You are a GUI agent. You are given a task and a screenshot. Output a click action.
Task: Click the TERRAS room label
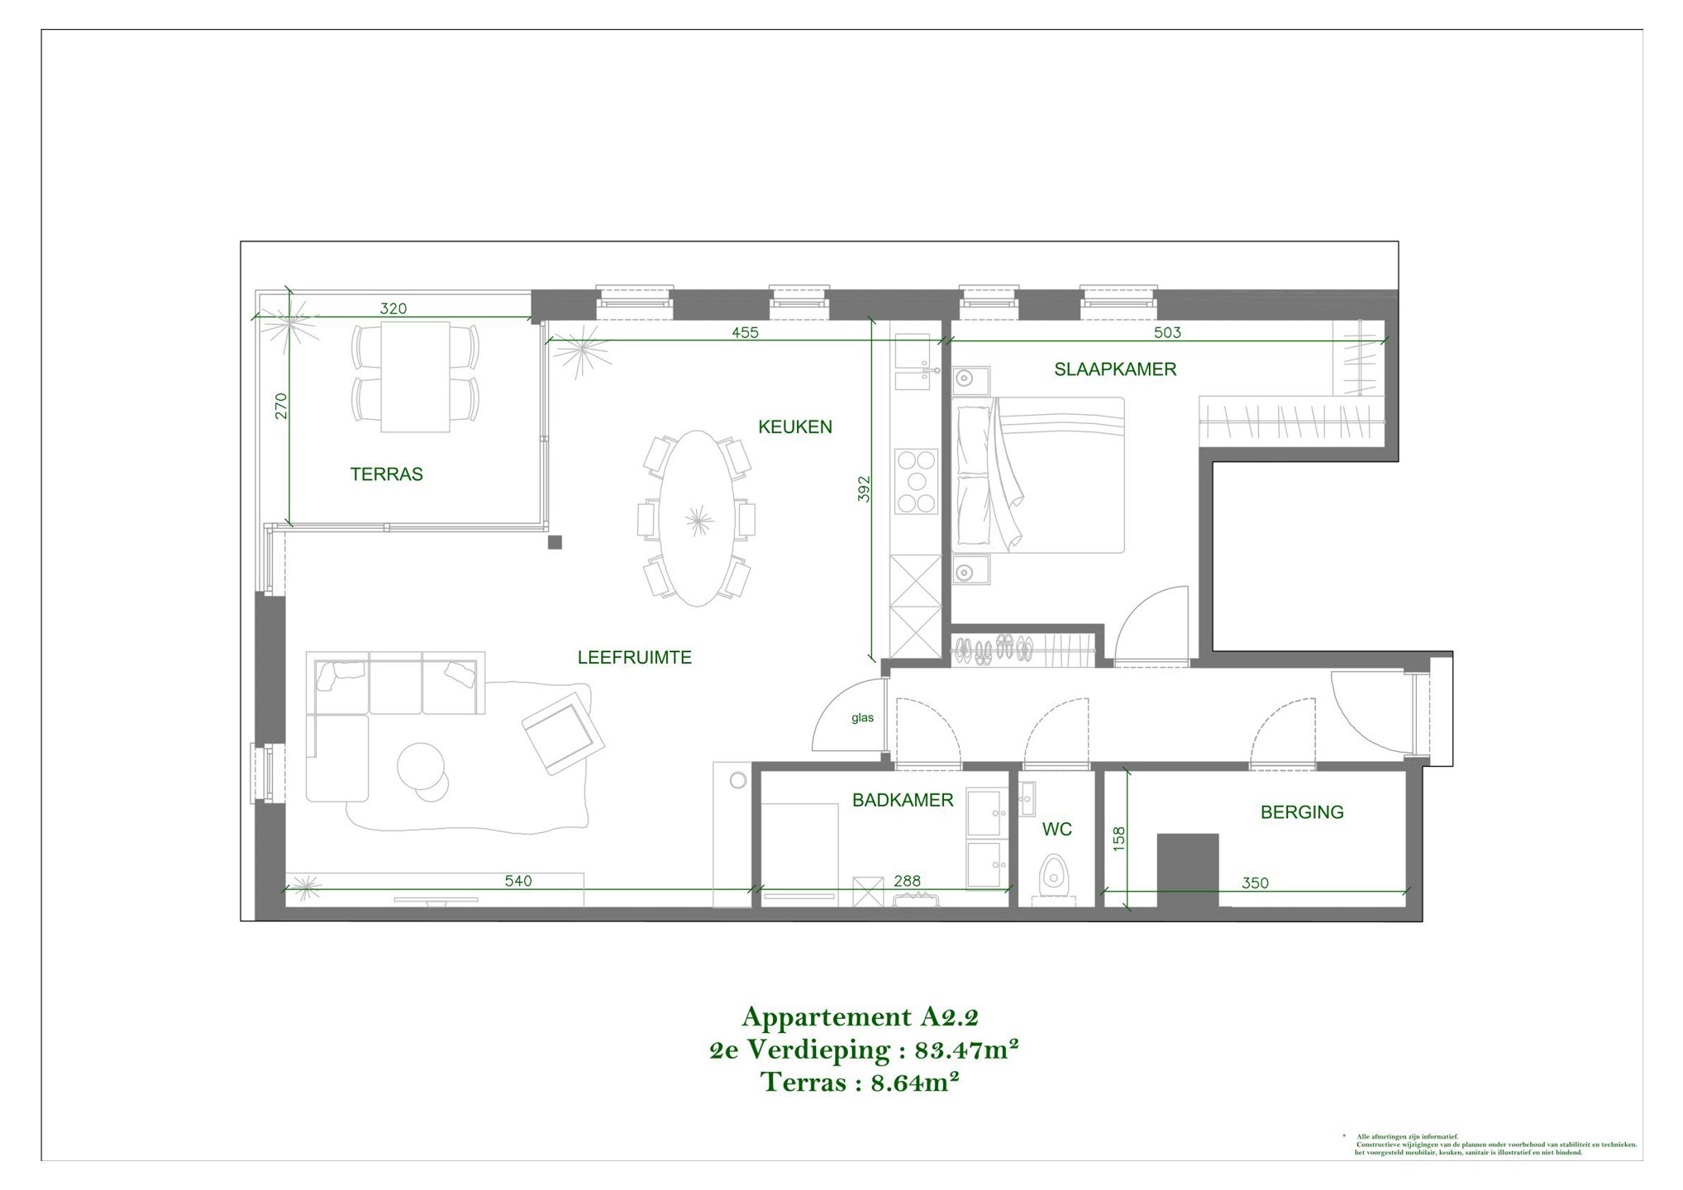[x=386, y=474]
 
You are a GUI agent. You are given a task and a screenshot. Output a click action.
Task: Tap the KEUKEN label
[x=794, y=427]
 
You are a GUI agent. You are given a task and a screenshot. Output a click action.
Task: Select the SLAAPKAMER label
[x=1114, y=369]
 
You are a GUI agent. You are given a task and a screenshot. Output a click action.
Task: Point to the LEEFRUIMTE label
[x=634, y=658]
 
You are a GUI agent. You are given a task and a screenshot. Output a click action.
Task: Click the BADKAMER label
[x=903, y=800]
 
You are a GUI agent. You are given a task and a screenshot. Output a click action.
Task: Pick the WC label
[x=1056, y=829]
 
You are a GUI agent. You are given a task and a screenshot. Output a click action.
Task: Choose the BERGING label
[x=1301, y=812]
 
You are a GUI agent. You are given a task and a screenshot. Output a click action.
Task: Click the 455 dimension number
[x=745, y=332]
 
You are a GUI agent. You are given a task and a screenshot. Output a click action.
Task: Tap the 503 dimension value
[x=1167, y=332]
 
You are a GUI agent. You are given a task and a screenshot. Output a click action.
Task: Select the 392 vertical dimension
[x=864, y=488]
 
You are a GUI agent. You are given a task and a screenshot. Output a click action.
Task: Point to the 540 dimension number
[x=518, y=881]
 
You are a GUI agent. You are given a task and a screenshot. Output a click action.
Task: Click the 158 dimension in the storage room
[x=1119, y=839]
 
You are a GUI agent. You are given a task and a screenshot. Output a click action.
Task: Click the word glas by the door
[x=862, y=718]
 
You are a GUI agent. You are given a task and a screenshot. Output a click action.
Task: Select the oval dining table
[x=697, y=518]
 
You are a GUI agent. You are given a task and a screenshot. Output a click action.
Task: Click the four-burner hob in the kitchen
[x=917, y=481]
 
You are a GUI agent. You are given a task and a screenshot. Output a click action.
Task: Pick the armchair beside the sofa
[x=562, y=733]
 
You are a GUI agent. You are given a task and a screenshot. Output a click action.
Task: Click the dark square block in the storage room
[x=1187, y=869]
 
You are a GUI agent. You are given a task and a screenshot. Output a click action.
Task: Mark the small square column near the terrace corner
[x=555, y=542]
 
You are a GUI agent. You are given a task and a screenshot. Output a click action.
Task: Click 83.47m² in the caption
[x=965, y=1050]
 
